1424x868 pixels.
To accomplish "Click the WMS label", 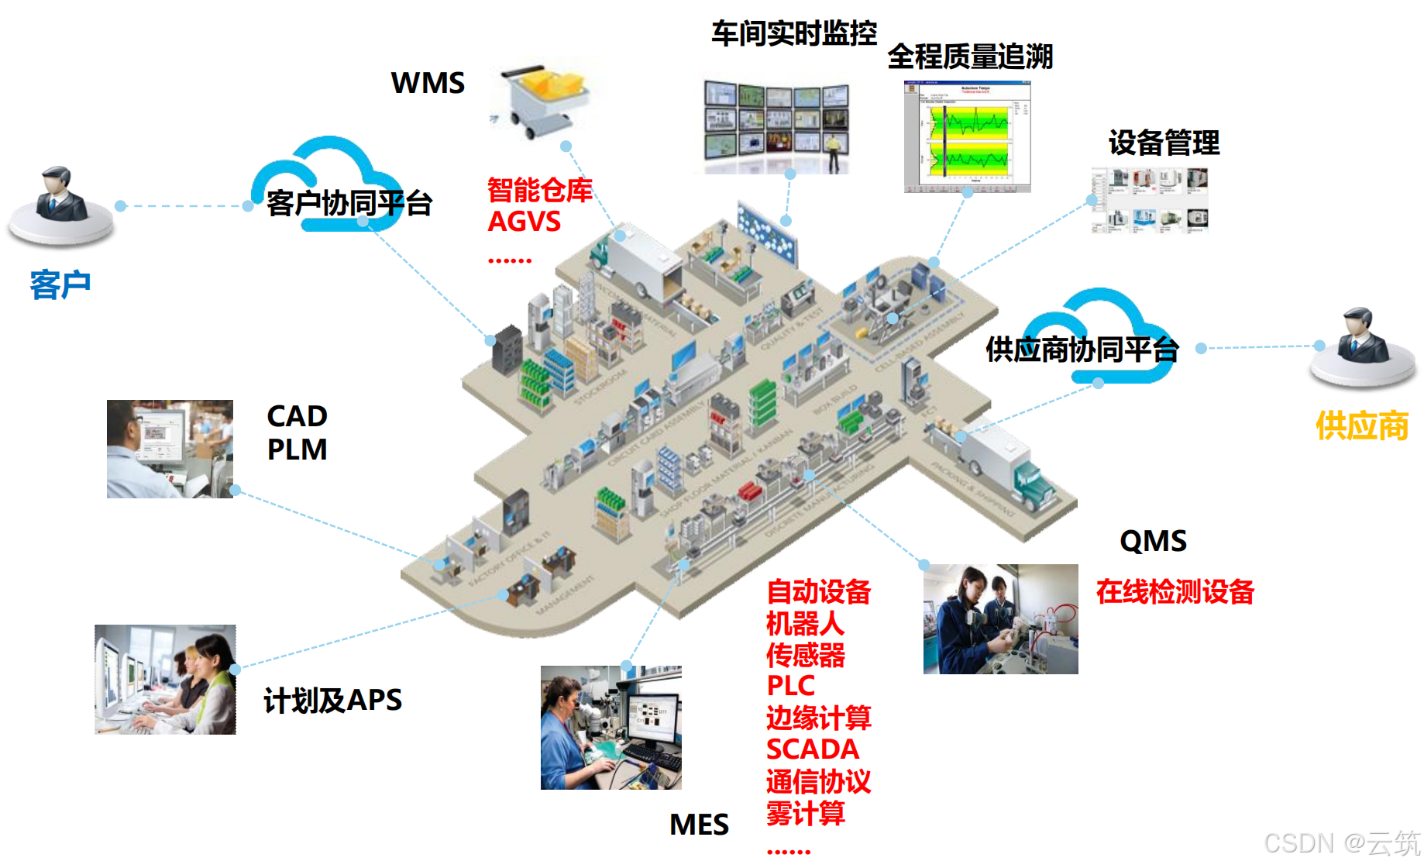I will pyautogui.click(x=428, y=83).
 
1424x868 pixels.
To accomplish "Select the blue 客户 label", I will pyautogui.click(x=60, y=284).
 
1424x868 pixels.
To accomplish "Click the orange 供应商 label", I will pyautogui.click(x=1362, y=426).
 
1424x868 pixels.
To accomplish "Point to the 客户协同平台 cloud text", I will pyautogui.click(x=349, y=203).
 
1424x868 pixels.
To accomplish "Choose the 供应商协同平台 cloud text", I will pyautogui.click(x=1082, y=350).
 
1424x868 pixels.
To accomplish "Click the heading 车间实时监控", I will pyautogui.click(x=794, y=33).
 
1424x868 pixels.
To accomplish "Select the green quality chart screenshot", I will pyautogui.click(x=968, y=136).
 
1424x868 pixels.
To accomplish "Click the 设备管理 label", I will pyautogui.click(x=1164, y=143).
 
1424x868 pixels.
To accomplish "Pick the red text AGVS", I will pyautogui.click(x=524, y=222).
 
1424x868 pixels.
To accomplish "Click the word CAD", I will pyautogui.click(x=297, y=416).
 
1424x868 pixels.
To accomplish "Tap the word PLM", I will pyautogui.click(x=297, y=449).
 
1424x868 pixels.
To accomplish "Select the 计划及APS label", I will pyautogui.click(x=332, y=700).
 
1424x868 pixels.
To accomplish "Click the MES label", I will pyautogui.click(x=699, y=825).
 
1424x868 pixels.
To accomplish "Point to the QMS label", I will pyautogui.click(x=1153, y=541).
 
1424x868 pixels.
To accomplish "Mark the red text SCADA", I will pyautogui.click(x=813, y=749).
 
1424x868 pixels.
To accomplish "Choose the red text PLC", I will pyautogui.click(x=790, y=686).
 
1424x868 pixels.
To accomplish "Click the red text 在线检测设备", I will pyautogui.click(x=1175, y=591).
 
